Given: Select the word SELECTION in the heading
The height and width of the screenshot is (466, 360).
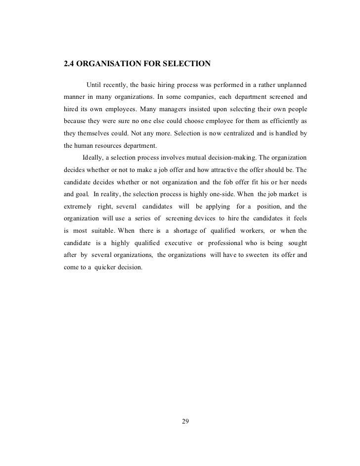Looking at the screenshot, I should coord(187,64).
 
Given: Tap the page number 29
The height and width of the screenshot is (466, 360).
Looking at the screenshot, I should coord(186,422).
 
